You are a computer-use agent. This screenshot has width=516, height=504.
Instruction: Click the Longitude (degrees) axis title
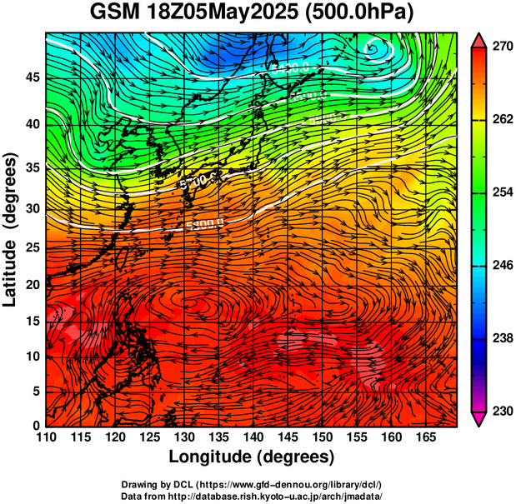click(x=252, y=457)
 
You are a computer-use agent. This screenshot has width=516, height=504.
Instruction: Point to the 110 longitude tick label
click(x=46, y=437)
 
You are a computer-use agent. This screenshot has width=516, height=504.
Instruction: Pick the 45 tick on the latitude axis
click(x=32, y=77)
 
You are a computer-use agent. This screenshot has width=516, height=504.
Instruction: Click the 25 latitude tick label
click(x=32, y=247)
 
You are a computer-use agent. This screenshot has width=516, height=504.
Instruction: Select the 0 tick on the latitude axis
click(x=35, y=426)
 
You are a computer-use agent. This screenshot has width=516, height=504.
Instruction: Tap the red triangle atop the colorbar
click(x=479, y=40)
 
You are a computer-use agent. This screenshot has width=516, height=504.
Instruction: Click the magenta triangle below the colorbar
click(x=479, y=419)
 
